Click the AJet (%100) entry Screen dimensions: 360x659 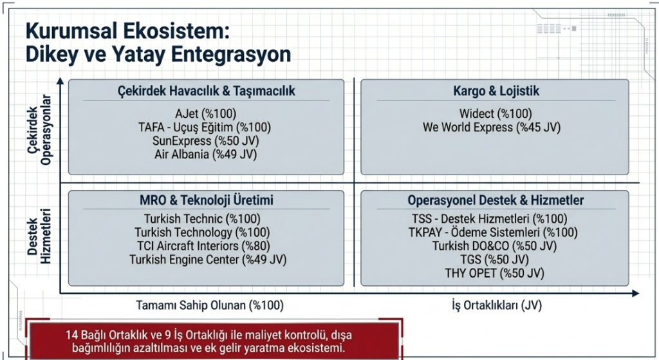202,113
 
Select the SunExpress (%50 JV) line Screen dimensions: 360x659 202,140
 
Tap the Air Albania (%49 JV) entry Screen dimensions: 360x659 202,155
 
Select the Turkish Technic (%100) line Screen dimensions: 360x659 202,218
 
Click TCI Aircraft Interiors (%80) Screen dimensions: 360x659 202,246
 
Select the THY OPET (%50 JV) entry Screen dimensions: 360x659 494,274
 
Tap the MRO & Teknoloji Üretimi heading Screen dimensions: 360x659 202,200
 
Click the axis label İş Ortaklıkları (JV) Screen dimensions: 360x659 495,305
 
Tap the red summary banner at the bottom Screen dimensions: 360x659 210,341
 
